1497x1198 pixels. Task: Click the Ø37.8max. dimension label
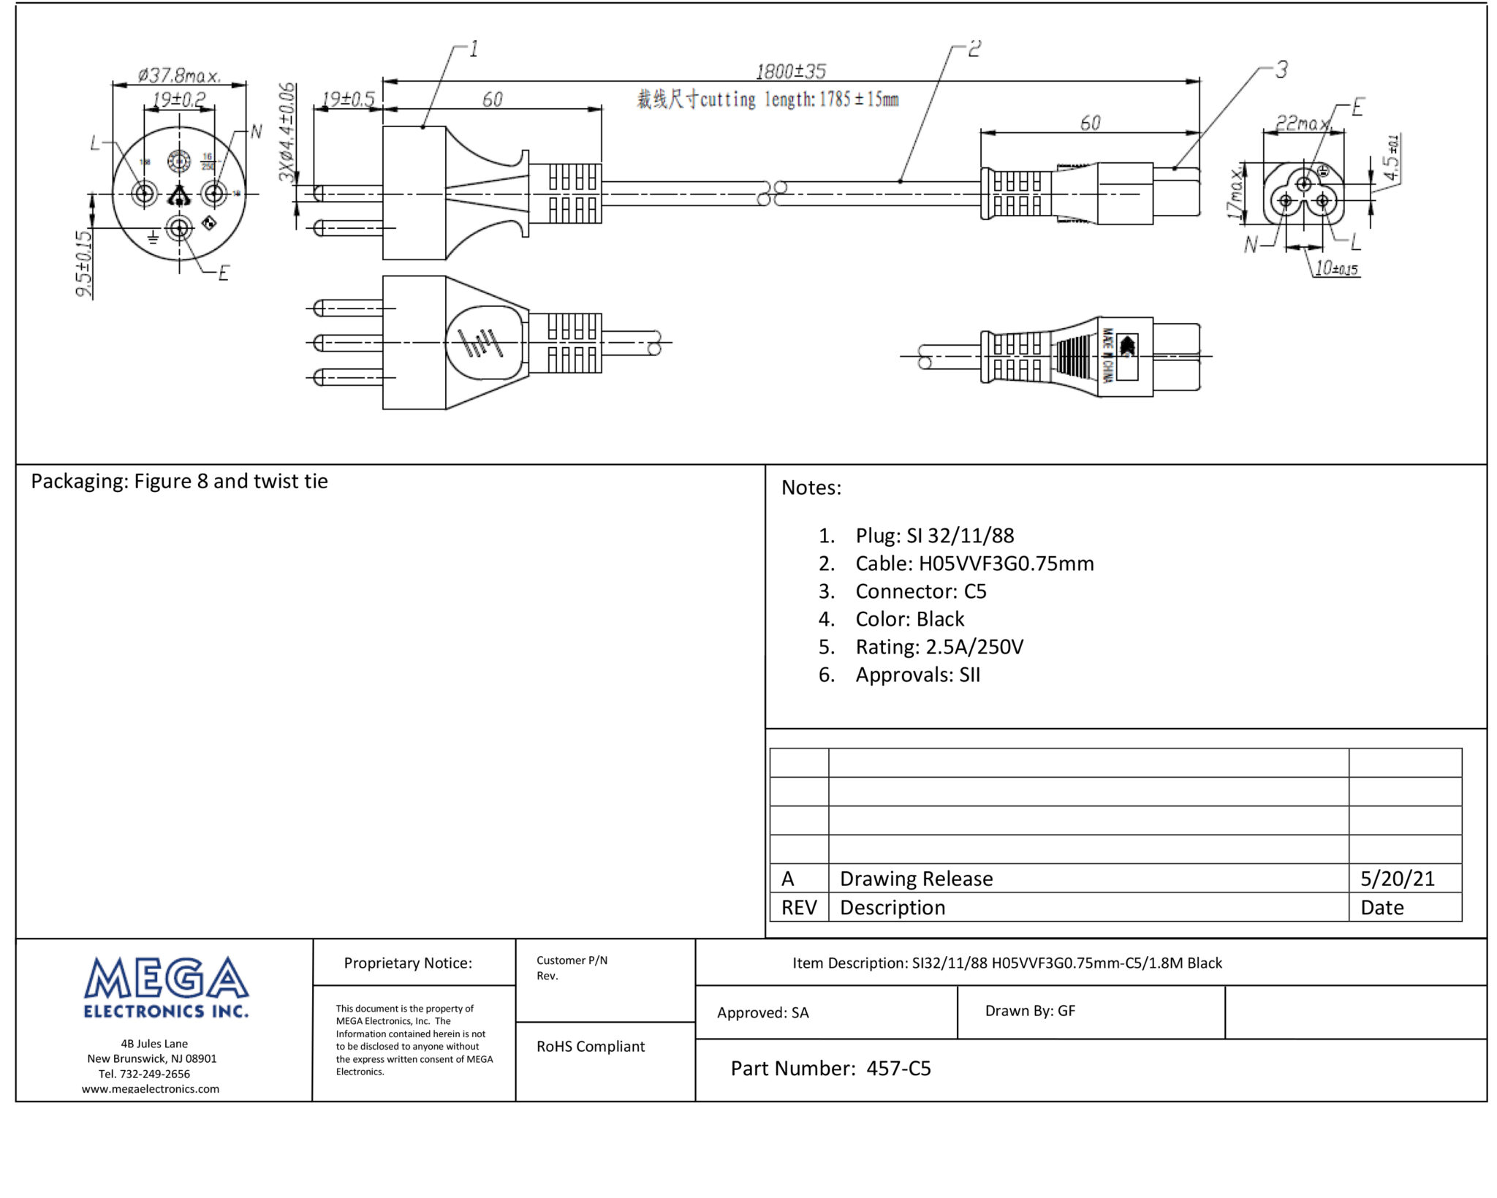[x=179, y=75]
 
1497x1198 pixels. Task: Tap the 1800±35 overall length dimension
[x=790, y=72]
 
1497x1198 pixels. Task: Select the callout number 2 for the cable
[x=974, y=49]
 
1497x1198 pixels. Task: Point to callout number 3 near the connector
[x=1281, y=69]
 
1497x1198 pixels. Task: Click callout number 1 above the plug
[x=474, y=49]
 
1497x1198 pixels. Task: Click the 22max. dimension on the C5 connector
[x=1302, y=124]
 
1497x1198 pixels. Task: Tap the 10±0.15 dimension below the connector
[x=1335, y=268]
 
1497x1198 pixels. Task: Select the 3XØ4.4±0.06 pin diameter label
[x=287, y=132]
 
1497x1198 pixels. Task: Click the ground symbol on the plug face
[x=153, y=237]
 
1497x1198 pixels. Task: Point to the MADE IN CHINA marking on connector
[x=1107, y=356]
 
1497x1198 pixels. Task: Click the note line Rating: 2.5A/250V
[x=939, y=647]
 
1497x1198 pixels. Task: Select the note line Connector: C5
[x=920, y=591]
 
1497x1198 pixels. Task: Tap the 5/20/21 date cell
[x=1397, y=878]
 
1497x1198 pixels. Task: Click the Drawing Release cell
[x=916, y=878]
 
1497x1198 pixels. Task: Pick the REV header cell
[x=798, y=907]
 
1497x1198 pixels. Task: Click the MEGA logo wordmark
[x=166, y=980]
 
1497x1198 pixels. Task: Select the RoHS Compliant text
[x=590, y=1046]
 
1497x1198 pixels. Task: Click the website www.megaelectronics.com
[x=150, y=1088]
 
